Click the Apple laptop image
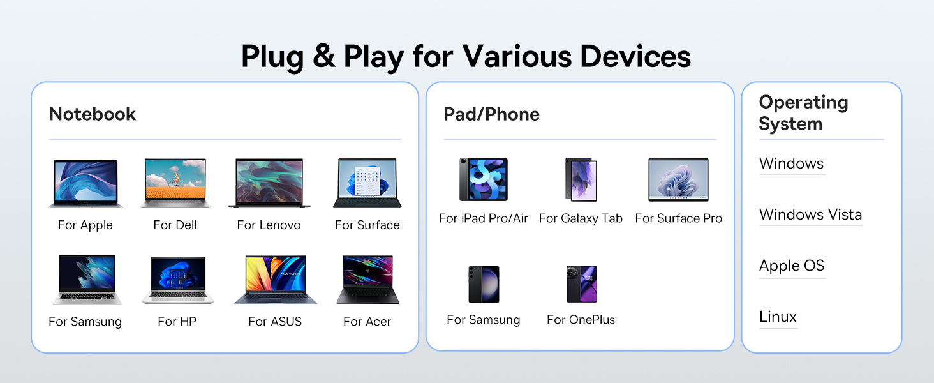85,183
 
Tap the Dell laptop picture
175,183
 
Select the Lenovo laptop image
269,183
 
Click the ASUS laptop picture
275,280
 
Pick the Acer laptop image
367,280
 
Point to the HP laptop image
177,280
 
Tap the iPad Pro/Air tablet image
484,179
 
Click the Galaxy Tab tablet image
581,179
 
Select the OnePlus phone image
582,284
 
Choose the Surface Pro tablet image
678,179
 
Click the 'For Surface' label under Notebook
367,225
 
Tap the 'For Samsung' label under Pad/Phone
484,320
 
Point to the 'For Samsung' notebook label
85,322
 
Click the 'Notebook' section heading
93,114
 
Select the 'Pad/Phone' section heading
492,114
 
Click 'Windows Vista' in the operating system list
811,214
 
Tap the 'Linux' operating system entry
778,317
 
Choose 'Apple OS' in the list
792,266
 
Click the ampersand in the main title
323,56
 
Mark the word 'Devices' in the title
635,56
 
